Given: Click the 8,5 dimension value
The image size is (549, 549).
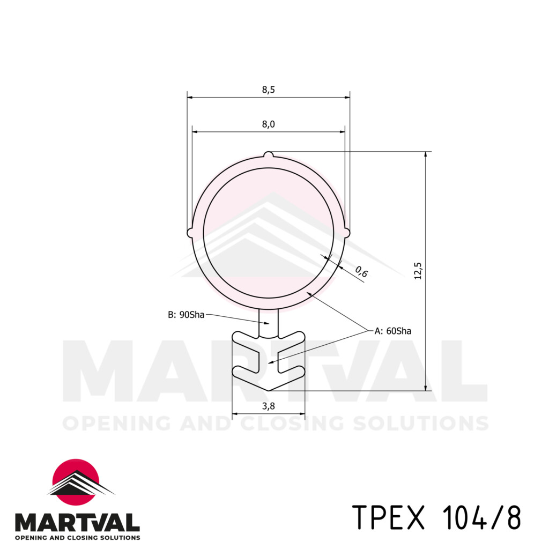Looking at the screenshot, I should pyautogui.click(x=268, y=90).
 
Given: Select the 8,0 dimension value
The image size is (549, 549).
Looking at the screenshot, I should pyautogui.click(x=268, y=124).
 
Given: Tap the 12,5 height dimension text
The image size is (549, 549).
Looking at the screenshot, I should pyautogui.click(x=418, y=271).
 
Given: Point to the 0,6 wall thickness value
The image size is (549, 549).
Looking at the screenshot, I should pyautogui.click(x=362, y=273).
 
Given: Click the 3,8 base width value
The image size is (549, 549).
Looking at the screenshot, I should pyautogui.click(x=268, y=406).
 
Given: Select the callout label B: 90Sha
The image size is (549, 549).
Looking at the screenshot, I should pyautogui.click(x=186, y=315).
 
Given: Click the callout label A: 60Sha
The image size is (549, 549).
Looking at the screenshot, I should pyautogui.click(x=393, y=331).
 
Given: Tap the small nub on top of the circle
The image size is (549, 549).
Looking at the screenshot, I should pyautogui.click(x=269, y=155).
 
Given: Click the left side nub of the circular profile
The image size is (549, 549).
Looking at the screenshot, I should pyautogui.click(x=190, y=233).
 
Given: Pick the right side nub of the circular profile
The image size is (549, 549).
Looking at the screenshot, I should pyautogui.click(x=347, y=232).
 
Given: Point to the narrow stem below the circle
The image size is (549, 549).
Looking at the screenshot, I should pyautogui.click(x=269, y=323).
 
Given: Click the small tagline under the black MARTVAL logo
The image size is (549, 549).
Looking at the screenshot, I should pyautogui.click(x=77, y=537).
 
